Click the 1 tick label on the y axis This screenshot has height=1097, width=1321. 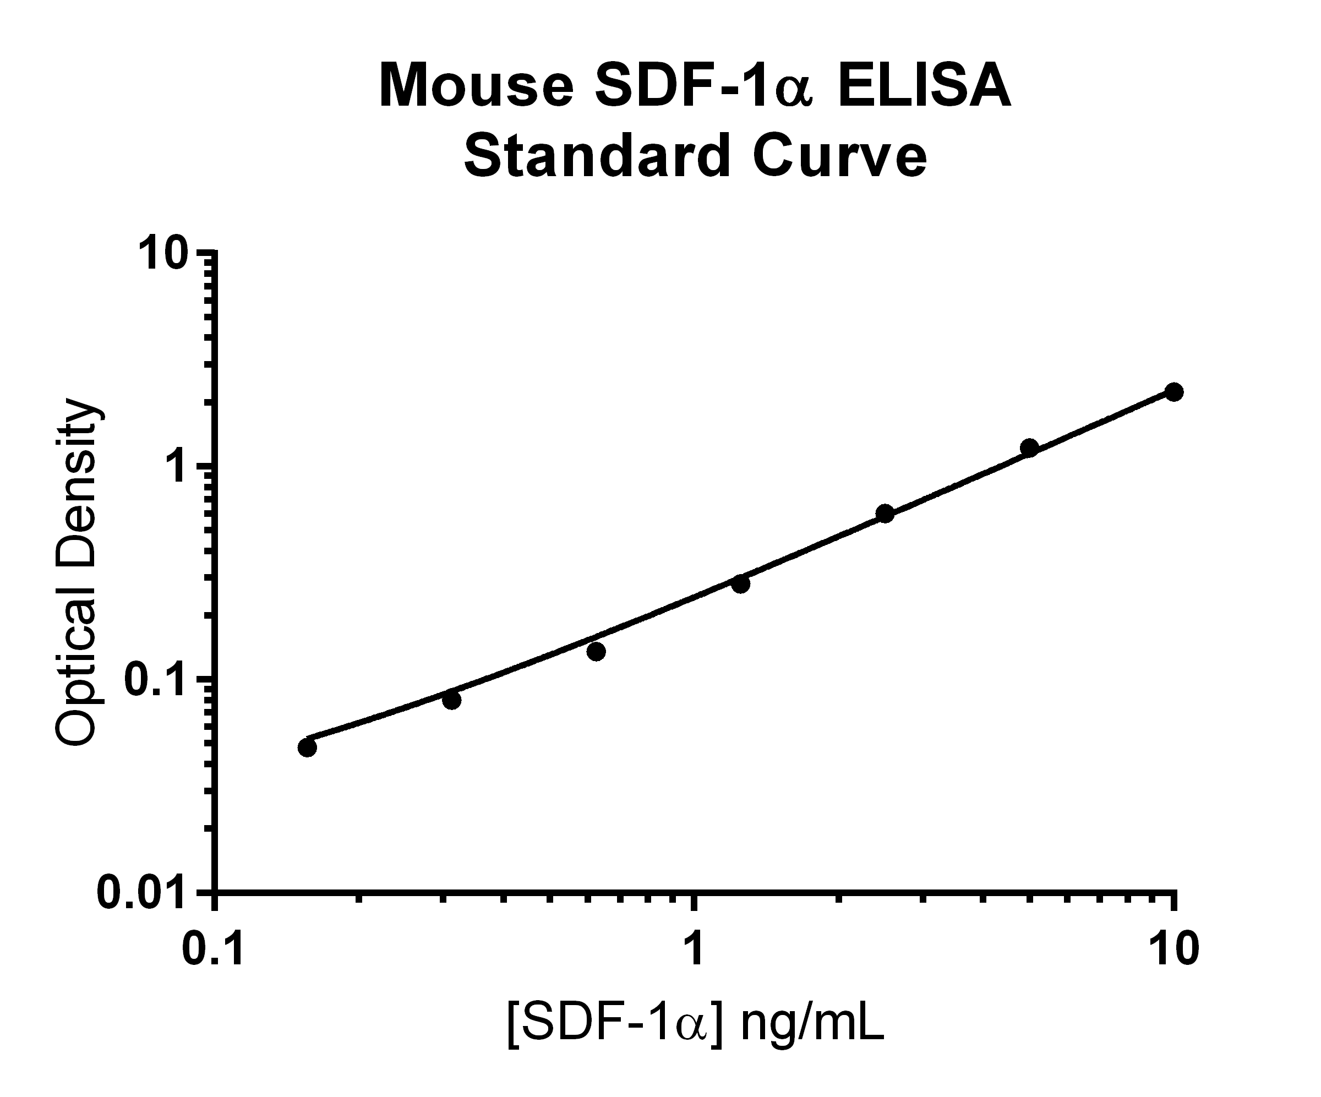179,467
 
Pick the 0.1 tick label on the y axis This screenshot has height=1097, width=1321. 154,679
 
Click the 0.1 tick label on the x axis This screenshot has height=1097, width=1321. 212,950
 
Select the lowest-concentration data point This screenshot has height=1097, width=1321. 307,747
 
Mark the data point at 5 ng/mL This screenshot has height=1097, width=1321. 1029,448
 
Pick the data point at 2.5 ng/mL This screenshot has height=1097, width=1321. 885,514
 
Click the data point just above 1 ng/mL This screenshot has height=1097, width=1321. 741,583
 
